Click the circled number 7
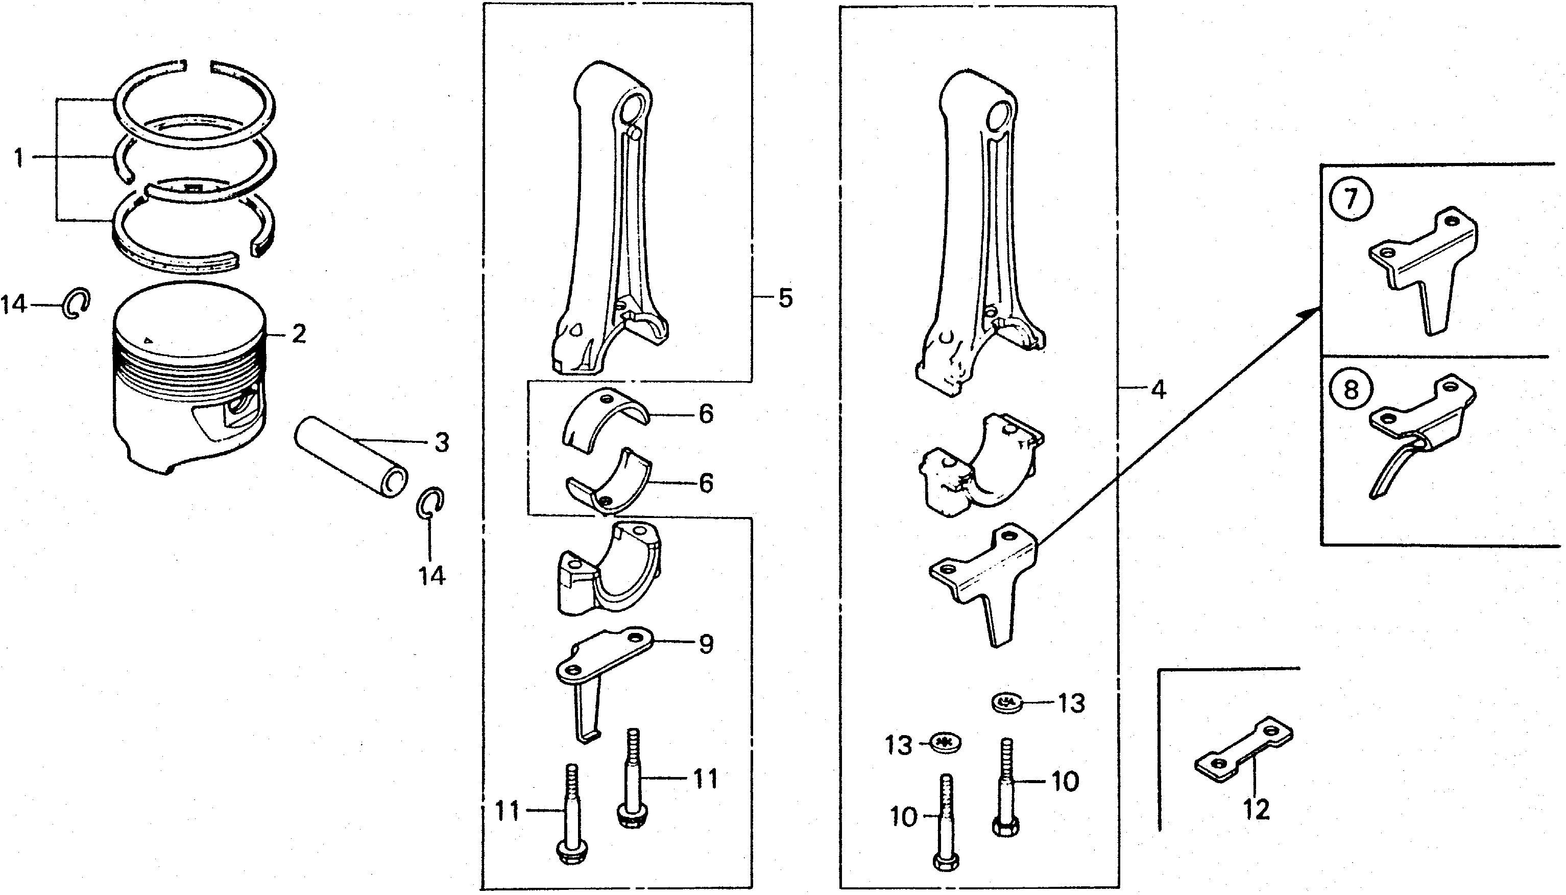click(x=1350, y=200)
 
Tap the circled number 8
click(x=1350, y=388)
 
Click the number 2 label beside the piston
click(x=299, y=335)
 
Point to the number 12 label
click(x=1257, y=810)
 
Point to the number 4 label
click(x=1158, y=390)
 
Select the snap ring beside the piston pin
click(x=430, y=502)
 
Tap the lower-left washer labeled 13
click(x=946, y=744)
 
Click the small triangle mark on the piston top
click(x=147, y=339)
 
